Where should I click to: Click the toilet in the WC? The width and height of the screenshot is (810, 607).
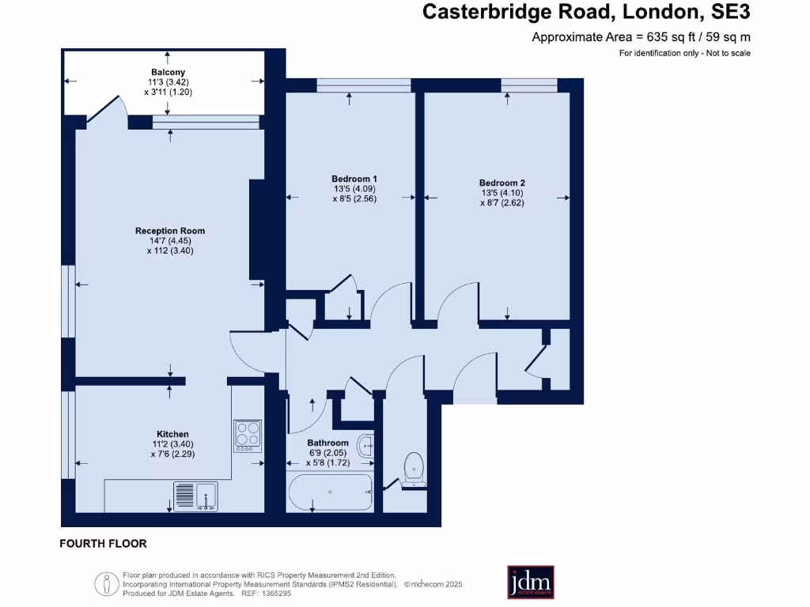point(414,468)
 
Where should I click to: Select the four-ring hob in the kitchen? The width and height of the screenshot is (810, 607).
point(248,434)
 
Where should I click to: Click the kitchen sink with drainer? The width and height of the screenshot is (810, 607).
point(196,496)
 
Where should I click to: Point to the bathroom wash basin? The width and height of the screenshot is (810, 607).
point(366,445)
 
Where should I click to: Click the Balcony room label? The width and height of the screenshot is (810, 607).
point(168,72)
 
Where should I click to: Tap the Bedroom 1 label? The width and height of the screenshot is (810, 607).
point(349,179)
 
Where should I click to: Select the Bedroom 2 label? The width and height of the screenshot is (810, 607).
point(502,183)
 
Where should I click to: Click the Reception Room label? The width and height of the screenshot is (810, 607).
point(170,231)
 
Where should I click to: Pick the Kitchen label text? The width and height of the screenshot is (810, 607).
point(172,434)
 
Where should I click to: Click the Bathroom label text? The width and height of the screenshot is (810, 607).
point(328,443)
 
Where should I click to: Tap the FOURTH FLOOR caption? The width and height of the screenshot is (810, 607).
point(103,544)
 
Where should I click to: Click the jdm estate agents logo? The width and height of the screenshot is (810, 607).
point(530,582)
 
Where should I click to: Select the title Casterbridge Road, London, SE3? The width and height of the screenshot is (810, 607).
point(586,12)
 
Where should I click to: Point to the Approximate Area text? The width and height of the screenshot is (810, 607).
point(641,36)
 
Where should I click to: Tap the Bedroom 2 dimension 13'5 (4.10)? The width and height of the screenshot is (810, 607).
point(502,192)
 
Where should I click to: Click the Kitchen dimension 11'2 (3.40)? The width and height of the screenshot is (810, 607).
point(172,444)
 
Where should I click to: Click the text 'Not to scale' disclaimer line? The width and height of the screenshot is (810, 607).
point(684,53)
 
